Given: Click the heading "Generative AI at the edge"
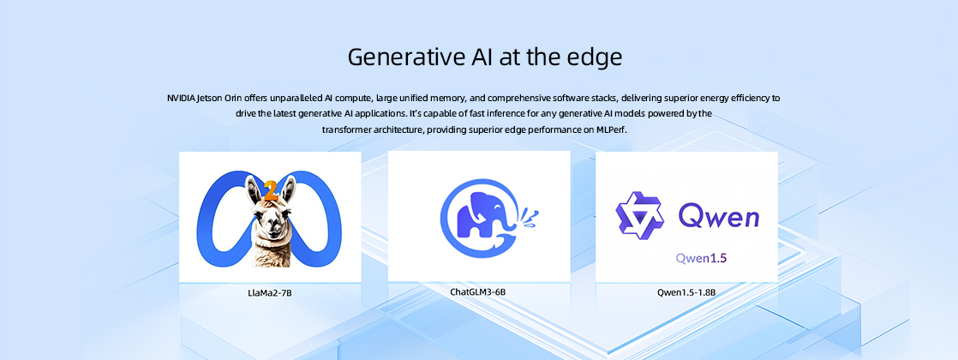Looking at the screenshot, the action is [485, 57].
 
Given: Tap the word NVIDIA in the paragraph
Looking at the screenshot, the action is [182, 98].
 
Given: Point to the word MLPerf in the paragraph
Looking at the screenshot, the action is [612, 130].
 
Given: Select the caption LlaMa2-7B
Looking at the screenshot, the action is [269, 293].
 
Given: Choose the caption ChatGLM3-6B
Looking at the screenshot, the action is [478, 291].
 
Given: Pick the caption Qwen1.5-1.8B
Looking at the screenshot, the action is [686, 292].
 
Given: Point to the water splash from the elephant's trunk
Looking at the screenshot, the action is [529, 217].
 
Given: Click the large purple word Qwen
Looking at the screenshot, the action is [719, 216].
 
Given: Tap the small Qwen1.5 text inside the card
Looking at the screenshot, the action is [701, 258].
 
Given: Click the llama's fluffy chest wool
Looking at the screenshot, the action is [272, 254].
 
